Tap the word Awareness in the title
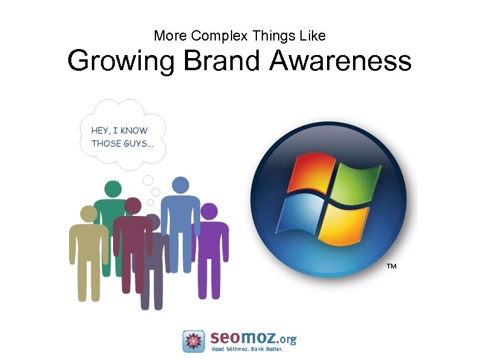coord(340,61)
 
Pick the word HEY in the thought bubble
coord(100,130)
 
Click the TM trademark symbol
coord(391,266)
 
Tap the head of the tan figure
coord(89,214)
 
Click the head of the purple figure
coord(209,211)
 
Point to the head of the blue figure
coord(180,186)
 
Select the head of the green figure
coord(112,189)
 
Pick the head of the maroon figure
coord(132,206)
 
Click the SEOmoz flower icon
coord(193,341)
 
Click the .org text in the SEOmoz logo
coord(285,339)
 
